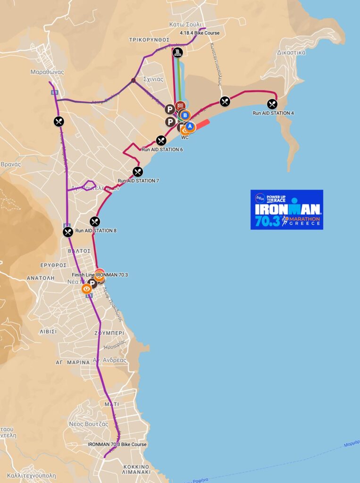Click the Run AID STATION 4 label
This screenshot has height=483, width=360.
273,113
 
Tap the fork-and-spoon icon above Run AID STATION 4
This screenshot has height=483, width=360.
272,104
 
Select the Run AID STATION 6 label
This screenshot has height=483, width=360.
162,150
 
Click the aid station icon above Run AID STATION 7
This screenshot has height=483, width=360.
138,172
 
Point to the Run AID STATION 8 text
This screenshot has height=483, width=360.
96,231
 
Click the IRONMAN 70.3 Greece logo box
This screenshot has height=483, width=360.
287,209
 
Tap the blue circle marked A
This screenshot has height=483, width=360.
190,126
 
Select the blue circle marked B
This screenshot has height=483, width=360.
185,115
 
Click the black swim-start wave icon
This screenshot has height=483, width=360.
177,52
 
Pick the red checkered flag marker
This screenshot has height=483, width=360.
180,106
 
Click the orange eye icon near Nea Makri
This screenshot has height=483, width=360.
86,289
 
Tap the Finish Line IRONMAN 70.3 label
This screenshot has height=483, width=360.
100,275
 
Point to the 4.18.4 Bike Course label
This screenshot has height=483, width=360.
200,33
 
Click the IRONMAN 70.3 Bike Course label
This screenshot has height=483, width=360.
117,444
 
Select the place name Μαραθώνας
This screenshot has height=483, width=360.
47,72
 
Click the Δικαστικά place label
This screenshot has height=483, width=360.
292,52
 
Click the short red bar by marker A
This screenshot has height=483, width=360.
201,124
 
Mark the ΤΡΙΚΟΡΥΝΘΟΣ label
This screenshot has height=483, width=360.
149,40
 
